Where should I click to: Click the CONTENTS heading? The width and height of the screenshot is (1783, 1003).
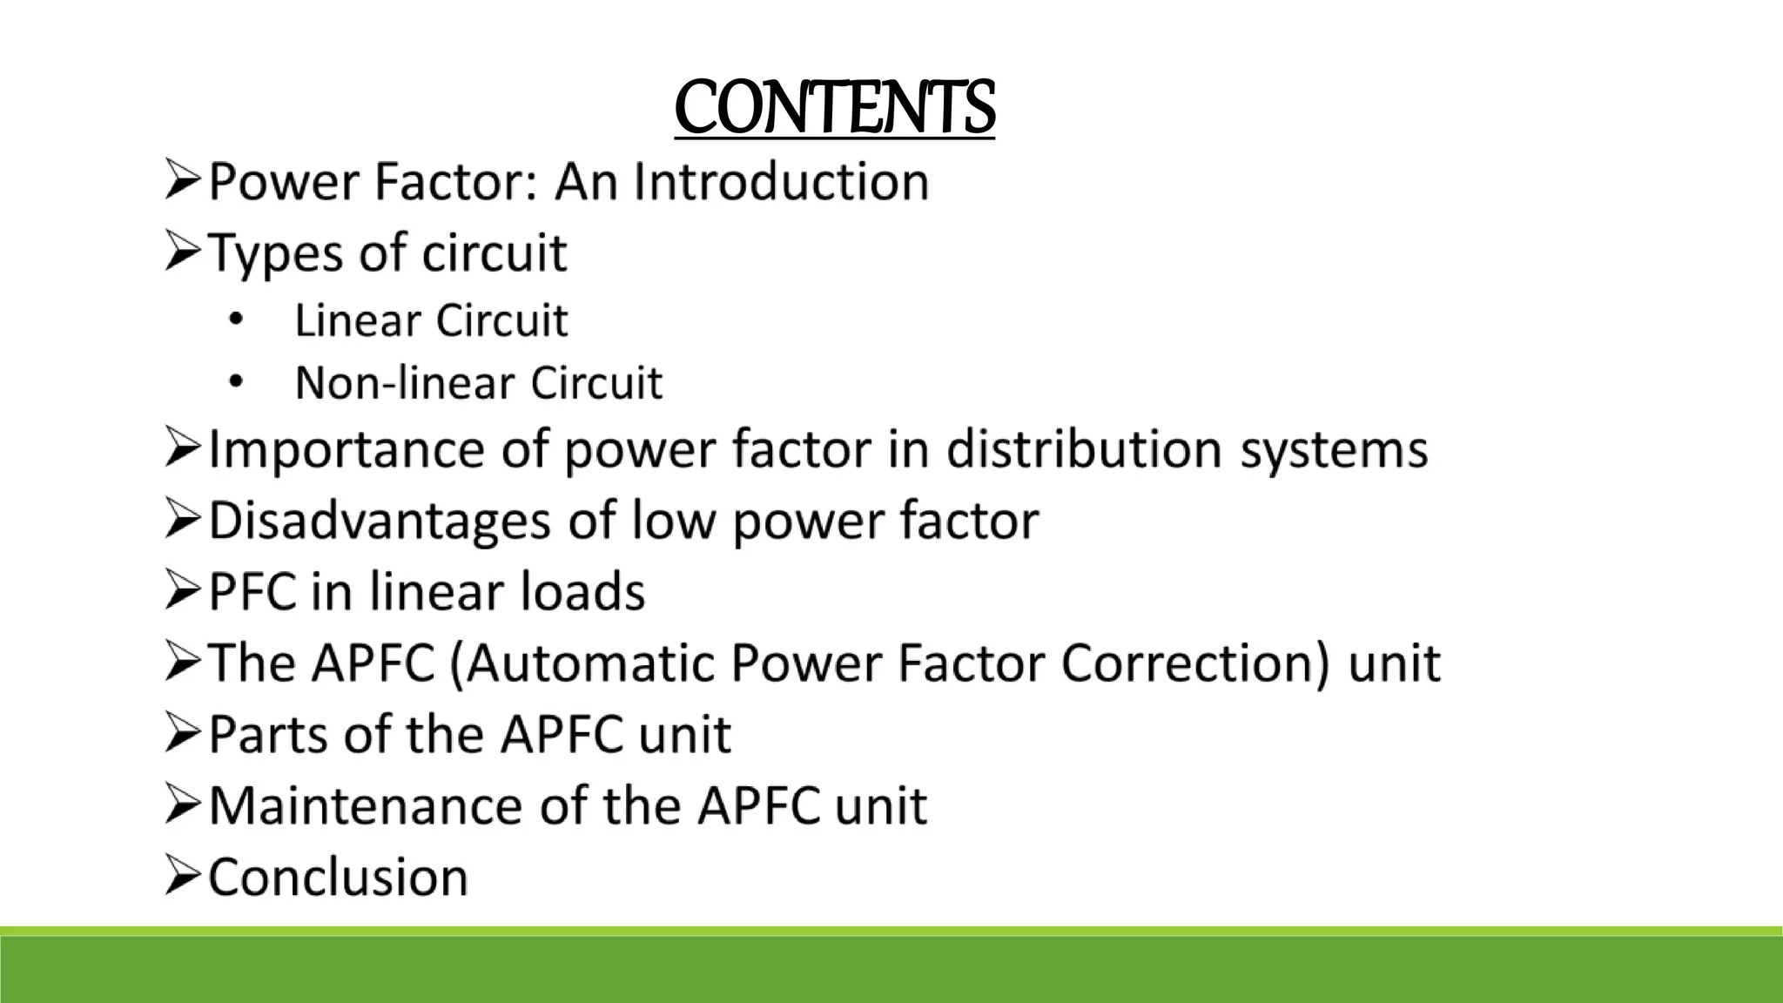click(834, 107)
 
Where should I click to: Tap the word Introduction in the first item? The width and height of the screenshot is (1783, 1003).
click(781, 182)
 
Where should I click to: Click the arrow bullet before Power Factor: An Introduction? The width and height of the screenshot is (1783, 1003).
click(182, 182)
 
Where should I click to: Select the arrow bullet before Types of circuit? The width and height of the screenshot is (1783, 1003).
click(182, 253)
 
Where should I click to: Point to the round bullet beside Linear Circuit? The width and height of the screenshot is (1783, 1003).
click(236, 320)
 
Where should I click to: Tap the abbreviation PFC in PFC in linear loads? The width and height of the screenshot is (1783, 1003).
click(253, 592)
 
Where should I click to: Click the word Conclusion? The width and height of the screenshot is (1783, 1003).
click(339, 877)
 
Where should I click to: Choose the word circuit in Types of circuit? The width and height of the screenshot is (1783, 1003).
click(494, 253)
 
